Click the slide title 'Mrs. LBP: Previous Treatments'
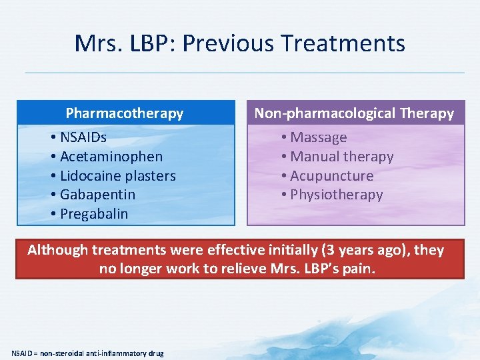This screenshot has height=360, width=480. (240, 43)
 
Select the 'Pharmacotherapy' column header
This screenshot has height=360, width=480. (125, 113)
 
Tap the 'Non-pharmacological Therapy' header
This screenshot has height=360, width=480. (354, 113)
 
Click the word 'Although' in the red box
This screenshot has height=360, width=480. (57, 250)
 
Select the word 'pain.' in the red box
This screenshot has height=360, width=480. (361, 269)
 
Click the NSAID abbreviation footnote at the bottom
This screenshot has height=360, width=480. (87, 353)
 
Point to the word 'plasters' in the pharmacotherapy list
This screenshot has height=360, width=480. (151, 176)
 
